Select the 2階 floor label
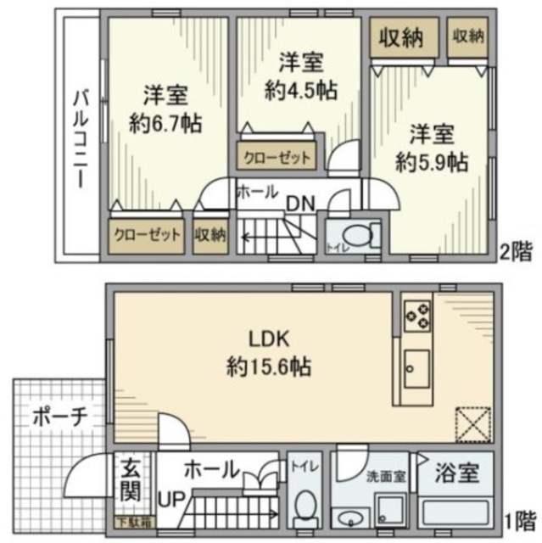(x=517, y=251)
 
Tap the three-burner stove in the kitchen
(x=416, y=316)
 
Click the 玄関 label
(x=129, y=479)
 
